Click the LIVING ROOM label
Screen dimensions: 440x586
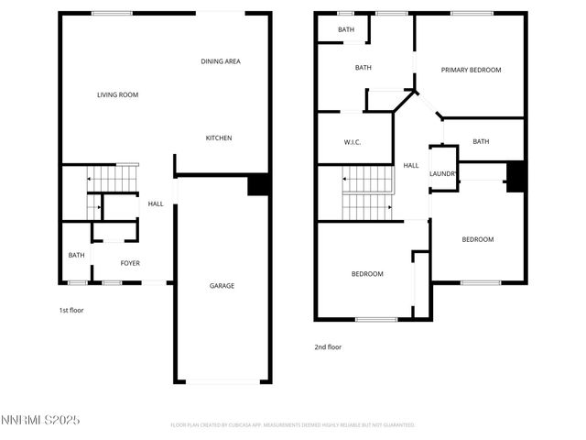pos(117,94)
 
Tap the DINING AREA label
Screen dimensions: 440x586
pos(221,61)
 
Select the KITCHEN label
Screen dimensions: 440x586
pos(218,137)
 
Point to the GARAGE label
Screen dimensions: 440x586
pos(222,286)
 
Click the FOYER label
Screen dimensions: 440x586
pos(131,263)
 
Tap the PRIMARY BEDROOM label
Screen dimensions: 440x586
pos(471,70)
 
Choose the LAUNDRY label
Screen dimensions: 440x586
pos(443,173)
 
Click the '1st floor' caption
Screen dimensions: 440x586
pos(71,310)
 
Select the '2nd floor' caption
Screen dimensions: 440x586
pos(328,347)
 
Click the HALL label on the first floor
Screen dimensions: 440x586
pos(156,203)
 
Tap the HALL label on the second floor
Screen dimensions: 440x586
pos(411,166)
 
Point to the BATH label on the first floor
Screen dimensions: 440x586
pos(76,255)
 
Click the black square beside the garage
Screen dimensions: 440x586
pos(259,184)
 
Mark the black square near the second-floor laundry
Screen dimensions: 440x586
pos(515,175)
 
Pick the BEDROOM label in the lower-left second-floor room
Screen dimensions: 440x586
pos(367,274)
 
